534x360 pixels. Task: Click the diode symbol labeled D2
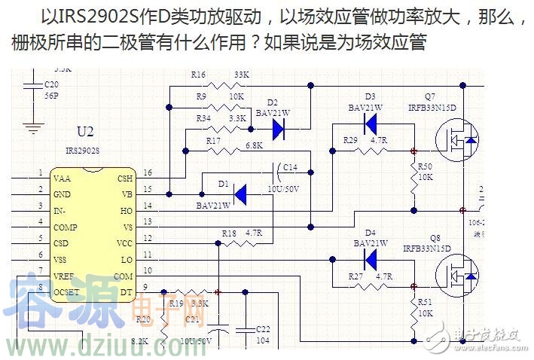pos(278,130)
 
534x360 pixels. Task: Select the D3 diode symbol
pos(370,125)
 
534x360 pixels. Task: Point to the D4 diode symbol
pos(370,258)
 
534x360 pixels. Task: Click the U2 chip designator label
pos(86,133)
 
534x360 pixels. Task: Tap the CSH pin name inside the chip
pos(124,178)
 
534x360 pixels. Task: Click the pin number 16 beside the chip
pos(147,174)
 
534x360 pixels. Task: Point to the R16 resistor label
pos(199,75)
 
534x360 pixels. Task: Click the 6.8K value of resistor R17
pos(254,145)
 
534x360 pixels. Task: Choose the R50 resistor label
pos(425,166)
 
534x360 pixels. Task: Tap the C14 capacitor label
pos(290,167)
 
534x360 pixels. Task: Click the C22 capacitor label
pos(263,329)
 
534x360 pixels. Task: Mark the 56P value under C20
pos(51,96)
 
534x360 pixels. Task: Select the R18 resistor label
pos(229,233)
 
